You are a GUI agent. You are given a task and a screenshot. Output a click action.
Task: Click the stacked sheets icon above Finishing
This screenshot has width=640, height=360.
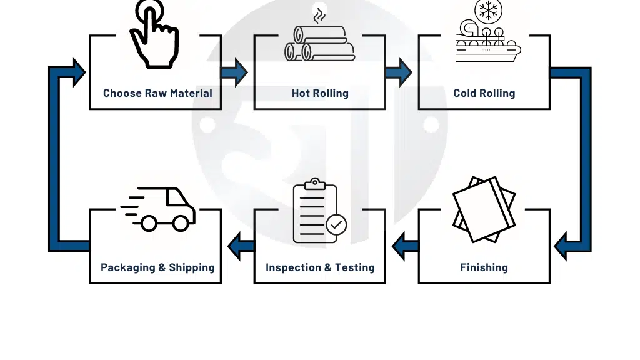[x=484, y=209]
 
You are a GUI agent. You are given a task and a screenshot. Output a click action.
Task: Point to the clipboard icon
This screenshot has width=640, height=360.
[x=315, y=211]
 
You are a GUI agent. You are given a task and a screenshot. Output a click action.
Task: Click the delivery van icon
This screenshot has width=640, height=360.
[x=158, y=209]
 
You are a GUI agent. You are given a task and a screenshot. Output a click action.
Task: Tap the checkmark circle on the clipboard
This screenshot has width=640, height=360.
[x=336, y=224]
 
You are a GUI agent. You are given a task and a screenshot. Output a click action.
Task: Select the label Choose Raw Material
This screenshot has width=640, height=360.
[x=157, y=93]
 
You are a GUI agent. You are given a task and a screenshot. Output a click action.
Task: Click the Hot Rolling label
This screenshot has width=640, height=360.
[x=320, y=93]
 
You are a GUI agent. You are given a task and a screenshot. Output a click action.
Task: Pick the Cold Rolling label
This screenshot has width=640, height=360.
[x=484, y=93]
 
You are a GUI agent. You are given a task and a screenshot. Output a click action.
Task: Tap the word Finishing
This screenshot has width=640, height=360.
[x=484, y=267]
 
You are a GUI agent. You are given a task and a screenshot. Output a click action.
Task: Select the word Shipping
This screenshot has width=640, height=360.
[x=192, y=267]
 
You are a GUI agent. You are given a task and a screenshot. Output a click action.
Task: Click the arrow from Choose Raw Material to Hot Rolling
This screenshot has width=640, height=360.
[x=234, y=72]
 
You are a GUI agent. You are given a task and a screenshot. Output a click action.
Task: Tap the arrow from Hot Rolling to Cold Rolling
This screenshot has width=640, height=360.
[x=399, y=72]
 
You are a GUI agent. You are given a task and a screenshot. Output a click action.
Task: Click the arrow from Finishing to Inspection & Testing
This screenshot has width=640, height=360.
[x=405, y=246]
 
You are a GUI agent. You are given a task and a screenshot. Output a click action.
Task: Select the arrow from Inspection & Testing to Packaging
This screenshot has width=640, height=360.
[x=241, y=246]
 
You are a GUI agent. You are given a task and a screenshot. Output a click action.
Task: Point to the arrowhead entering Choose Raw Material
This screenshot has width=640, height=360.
[x=79, y=72]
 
